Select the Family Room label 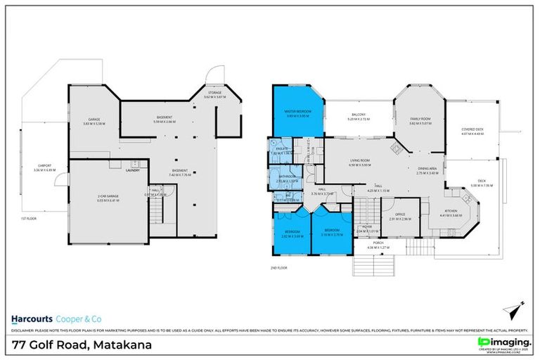pos(420,119)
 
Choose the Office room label pos(399,216)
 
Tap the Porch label pos(368,244)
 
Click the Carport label pos(44,166)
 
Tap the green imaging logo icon pos(483,343)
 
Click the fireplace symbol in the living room pos(395,147)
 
